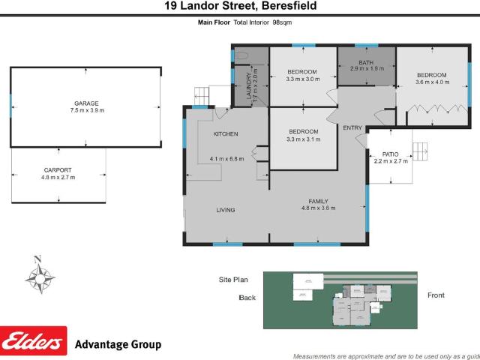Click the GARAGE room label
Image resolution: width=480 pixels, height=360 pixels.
tap(85, 103)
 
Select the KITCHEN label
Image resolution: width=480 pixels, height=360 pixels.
tap(225, 134)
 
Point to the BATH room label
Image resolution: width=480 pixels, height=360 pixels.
tap(366, 61)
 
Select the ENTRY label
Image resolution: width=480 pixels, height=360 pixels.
tap(352, 128)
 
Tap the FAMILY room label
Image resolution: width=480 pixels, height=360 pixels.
tap(318, 200)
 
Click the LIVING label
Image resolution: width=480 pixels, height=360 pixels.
tap(226, 211)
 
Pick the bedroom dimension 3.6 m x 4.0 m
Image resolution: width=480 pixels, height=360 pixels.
tap(432, 82)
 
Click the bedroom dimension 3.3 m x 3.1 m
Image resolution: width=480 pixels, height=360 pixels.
tap(303, 139)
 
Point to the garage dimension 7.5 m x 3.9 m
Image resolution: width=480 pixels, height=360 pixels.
tap(85, 110)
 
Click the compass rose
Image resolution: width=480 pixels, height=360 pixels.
tap(39, 275)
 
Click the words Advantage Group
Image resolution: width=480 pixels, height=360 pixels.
tap(118, 345)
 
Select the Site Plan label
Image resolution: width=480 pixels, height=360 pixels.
tap(232, 280)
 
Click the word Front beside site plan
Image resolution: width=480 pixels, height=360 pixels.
tap(436, 295)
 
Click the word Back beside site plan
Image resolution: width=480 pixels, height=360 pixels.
tap(247, 298)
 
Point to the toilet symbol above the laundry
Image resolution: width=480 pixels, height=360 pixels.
tap(241, 55)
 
